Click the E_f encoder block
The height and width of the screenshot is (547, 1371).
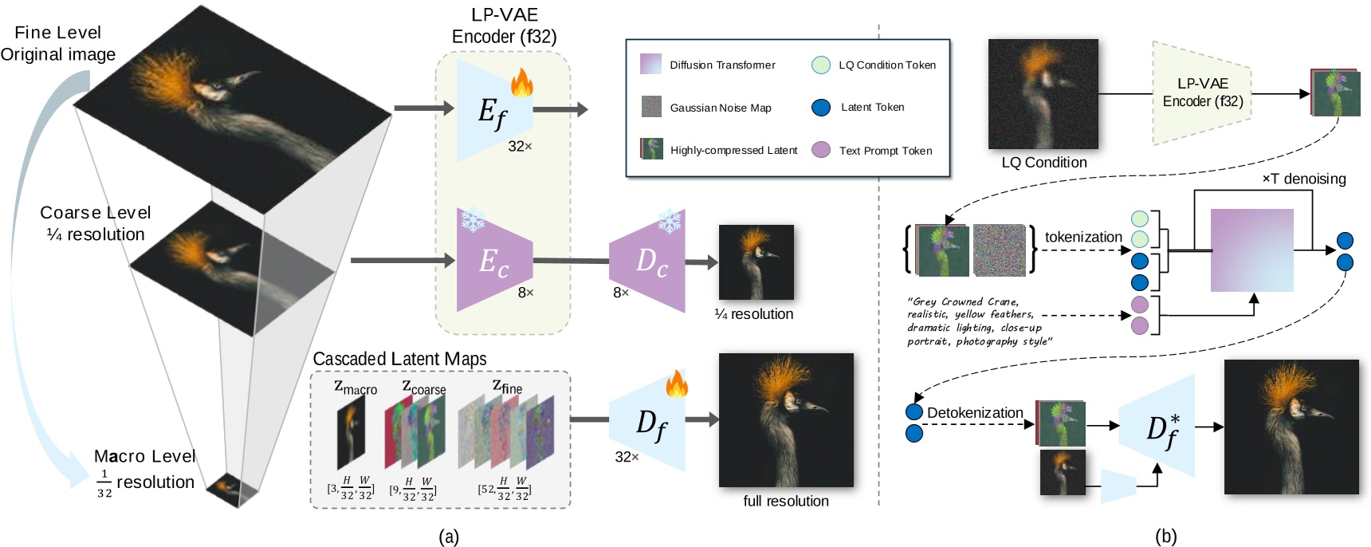494,110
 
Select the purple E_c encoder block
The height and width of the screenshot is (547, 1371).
494,260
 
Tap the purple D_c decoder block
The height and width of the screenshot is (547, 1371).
647,261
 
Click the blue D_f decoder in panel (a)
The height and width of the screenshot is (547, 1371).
647,421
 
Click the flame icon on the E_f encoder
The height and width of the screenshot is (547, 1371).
522,82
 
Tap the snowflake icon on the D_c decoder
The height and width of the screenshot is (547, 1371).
669,221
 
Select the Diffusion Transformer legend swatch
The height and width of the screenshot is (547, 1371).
651,64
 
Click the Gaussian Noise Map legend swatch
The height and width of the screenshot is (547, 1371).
651,107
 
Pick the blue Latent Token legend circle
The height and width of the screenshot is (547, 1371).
821,108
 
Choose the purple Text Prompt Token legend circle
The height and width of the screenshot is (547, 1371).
821,150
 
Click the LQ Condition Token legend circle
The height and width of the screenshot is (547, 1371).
821,65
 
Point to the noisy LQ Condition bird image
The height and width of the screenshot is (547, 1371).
1043,94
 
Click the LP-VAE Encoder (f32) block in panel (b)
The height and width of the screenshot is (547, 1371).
1202,93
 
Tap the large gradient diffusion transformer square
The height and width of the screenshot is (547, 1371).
1252,250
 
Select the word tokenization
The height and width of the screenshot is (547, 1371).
1083,237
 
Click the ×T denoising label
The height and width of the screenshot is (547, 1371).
1304,179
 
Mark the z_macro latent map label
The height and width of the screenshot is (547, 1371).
356,388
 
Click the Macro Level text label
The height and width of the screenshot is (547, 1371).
144,456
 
